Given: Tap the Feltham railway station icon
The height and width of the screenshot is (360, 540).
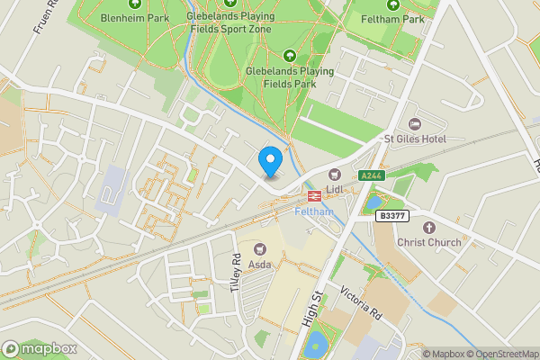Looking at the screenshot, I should pyautogui.click(x=316, y=194).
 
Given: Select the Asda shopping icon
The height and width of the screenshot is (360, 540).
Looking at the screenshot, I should pyautogui.click(x=262, y=247).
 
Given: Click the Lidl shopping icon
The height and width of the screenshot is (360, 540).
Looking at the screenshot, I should pyautogui.click(x=336, y=174).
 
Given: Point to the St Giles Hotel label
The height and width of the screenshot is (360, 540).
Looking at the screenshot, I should pyautogui.click(x=415, y=139).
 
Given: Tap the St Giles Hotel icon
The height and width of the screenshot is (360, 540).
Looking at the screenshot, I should pyautogui.click(x=415, y=123).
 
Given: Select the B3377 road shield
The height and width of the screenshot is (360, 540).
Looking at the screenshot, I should pyautogui.click(x=391, y=216).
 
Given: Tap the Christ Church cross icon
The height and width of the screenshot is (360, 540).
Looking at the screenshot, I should pyautogui.click(x=428, y=227).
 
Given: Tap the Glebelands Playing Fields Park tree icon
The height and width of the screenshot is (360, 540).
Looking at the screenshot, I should pyautogui.click(x=290, y=56).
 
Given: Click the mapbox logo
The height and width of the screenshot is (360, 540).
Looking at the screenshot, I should pyautogui.click(x=40, y=348).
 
